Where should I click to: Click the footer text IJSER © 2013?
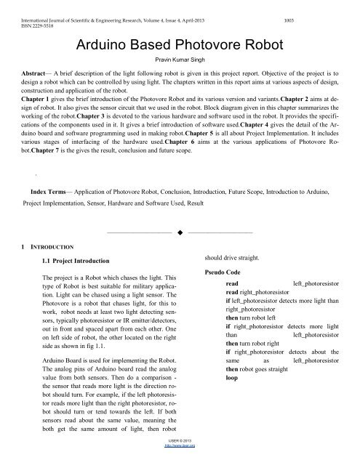pyautogui.click(x=179, y=453)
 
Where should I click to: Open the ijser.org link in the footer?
pyautogui.click(x=179, y=460)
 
